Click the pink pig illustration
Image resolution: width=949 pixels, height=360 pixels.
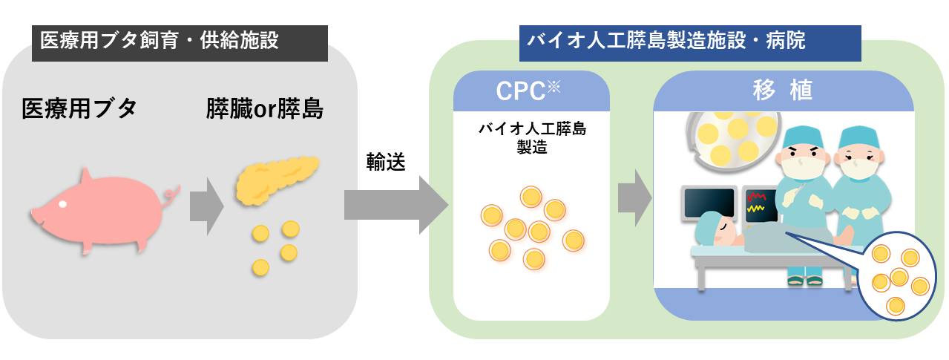[100, 212]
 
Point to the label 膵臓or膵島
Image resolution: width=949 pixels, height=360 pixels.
[266, 110]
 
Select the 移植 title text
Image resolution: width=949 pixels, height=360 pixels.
[782, 90]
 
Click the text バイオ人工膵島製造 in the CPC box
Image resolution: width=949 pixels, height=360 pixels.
[531, 137]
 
